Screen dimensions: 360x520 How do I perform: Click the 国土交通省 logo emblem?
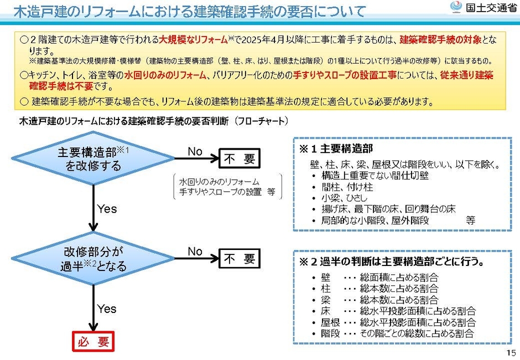pos(456,7)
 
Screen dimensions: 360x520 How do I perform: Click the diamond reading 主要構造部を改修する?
pos(93,159)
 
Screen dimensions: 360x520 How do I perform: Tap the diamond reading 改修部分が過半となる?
pos(93,259)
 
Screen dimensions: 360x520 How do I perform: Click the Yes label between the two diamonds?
pos(107,208)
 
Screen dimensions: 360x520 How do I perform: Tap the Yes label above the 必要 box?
pos(107,309)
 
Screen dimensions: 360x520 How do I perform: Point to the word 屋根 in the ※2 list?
pos(330,322)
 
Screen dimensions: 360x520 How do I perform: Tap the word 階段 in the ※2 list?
pos(330,333)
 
